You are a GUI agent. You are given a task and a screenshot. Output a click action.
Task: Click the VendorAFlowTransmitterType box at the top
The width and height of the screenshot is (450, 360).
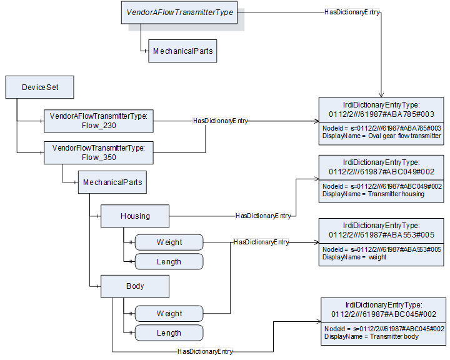tap(179, 12)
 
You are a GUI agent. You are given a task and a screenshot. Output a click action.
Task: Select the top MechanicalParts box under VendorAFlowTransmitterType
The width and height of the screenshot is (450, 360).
tap(182, 51)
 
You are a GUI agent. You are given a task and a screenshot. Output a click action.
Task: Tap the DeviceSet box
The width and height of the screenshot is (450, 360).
tap(40, 87)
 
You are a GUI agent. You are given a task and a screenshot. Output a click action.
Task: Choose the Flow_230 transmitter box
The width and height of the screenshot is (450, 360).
tap(99, 121)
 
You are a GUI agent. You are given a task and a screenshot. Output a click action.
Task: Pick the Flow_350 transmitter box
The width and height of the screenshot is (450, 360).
tap(99, 152)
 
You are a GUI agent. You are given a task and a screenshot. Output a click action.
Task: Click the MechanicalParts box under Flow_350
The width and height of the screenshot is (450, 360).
tap(112, 182)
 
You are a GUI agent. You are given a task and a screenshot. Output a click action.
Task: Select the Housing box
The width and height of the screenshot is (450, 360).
tap(135, 216)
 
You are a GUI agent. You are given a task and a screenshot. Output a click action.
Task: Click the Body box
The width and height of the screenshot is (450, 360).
tap(135, 286)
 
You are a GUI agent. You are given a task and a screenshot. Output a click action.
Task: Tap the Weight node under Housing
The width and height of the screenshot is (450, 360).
tap(169, 242)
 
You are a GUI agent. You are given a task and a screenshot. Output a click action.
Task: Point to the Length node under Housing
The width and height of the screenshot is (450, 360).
tap(169, 262)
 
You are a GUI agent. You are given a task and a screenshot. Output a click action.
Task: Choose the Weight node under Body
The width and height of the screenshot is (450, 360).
tap(169, 314)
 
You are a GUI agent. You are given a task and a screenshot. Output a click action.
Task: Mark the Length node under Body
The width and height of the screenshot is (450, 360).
tap(169, 333)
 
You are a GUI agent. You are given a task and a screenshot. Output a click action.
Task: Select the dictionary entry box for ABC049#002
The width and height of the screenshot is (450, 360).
tap(382, 179)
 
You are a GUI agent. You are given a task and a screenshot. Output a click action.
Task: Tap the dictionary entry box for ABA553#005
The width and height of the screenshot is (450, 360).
tap(382, 241)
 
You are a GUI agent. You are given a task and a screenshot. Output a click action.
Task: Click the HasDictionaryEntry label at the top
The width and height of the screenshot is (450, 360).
tap(352, 12)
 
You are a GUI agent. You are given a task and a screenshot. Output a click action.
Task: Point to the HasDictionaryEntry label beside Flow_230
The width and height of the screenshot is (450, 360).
tap(220, 121)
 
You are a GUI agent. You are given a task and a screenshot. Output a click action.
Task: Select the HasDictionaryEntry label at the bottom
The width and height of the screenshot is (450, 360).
tap(205, 352)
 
